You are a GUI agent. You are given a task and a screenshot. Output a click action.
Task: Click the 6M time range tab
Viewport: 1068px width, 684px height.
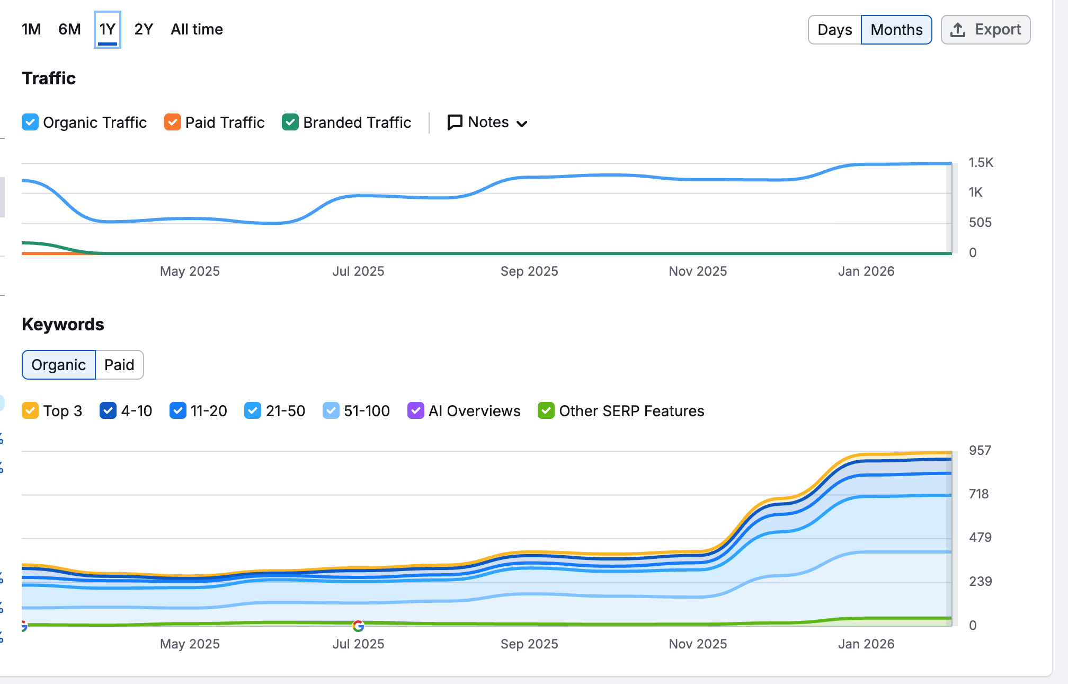69,29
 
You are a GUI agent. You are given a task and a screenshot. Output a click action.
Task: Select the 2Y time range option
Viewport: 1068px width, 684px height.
144,29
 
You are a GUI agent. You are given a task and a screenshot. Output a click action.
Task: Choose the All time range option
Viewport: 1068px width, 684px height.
197,29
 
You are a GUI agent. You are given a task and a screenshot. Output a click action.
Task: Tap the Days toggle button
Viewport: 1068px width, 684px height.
835,30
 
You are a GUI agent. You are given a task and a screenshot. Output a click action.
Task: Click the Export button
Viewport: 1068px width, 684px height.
986,30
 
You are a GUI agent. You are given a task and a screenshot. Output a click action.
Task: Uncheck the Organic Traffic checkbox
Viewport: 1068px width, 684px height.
30,122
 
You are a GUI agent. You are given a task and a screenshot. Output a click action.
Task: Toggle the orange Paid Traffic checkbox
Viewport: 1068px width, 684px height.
173,122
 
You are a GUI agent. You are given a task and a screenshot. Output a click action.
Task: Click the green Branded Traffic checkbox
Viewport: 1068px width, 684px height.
290,122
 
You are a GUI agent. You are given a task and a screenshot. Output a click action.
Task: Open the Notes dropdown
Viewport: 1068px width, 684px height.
487,122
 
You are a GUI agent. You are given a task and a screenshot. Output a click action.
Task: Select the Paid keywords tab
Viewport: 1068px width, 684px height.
119,365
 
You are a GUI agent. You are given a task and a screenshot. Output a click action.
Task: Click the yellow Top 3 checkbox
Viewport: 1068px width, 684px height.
30,410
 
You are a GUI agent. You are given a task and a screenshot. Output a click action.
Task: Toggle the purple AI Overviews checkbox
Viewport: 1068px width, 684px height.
416,410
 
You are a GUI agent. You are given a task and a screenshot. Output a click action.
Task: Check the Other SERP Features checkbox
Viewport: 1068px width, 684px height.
546,410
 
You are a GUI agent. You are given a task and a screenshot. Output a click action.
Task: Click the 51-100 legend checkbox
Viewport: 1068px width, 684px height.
331,410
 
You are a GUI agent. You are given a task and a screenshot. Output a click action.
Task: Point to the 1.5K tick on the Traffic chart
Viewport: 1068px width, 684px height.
981,163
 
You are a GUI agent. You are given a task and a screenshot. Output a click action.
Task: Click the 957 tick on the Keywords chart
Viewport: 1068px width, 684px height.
980,451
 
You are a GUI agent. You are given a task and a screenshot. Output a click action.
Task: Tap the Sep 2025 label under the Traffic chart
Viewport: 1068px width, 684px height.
529,271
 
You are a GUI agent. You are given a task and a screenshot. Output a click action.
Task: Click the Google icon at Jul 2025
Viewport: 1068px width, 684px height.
358,626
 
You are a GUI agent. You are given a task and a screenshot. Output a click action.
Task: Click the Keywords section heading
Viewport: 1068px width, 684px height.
63,325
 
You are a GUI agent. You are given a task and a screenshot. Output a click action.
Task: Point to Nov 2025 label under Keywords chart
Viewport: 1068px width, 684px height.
698,644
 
